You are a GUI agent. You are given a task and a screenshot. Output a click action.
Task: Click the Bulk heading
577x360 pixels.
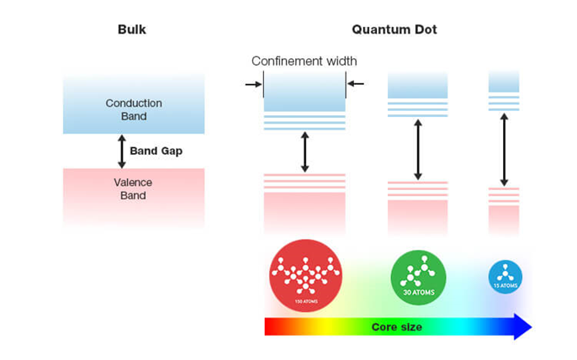tap(133, 30)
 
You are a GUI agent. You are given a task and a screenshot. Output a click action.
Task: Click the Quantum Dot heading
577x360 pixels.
tap(394, 30)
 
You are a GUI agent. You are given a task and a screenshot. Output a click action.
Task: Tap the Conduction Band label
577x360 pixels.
tap(133, 109)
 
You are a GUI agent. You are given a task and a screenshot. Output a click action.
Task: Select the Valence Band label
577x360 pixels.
tap(133, 189)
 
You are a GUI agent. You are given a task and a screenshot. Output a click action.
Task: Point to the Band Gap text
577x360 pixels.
tap(156, 151)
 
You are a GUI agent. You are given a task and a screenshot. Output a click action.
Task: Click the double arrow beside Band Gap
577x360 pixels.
tap(121, 151)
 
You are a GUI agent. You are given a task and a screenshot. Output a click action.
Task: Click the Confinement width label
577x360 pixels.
tap(304, 61)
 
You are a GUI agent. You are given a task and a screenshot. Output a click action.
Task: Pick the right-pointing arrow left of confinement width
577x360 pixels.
tap(252, 83)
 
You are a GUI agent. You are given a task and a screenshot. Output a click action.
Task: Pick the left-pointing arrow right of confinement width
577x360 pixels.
tap(355, 83)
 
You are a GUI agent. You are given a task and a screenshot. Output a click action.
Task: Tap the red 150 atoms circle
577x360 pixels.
tap(304, 273)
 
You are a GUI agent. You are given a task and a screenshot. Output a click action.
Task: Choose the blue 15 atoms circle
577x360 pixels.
tap(505, 275)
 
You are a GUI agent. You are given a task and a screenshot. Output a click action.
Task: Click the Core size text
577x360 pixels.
tap(397, 326)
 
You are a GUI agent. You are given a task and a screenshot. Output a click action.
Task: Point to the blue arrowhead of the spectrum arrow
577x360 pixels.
tap(521, 326)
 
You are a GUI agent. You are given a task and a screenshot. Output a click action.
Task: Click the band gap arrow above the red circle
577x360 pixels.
tap(304, 152)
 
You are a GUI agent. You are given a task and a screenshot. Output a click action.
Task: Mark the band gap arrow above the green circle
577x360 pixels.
tap(418, 149)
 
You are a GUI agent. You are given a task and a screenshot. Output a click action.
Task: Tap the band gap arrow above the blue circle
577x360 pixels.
tap(504, 149)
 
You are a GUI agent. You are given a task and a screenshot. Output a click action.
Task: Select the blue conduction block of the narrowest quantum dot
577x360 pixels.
tap(504, 82)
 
